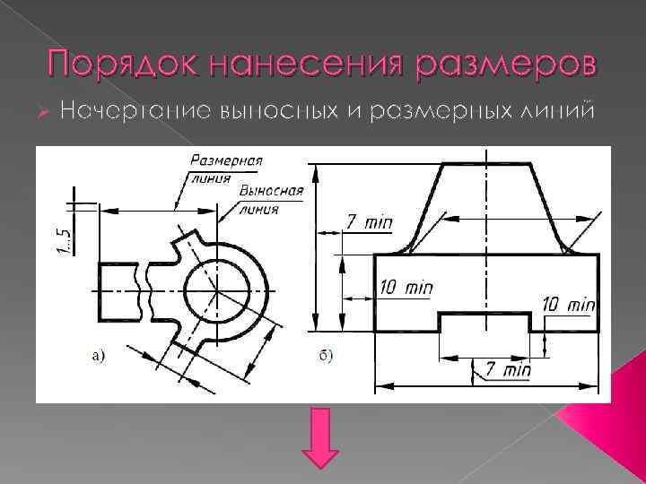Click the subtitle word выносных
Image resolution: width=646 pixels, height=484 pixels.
pos(258,110)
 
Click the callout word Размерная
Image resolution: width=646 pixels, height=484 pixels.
pos(226,161)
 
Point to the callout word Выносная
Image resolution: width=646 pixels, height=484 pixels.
pos(271,192)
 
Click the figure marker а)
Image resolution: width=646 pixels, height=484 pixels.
pos(98,356)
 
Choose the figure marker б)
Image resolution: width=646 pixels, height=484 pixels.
pos(326,356)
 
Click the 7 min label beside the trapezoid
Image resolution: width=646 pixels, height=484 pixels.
pos(369,221)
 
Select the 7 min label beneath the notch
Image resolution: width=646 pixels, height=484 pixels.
pos(502,368)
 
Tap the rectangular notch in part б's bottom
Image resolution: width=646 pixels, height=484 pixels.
pos(484,323)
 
